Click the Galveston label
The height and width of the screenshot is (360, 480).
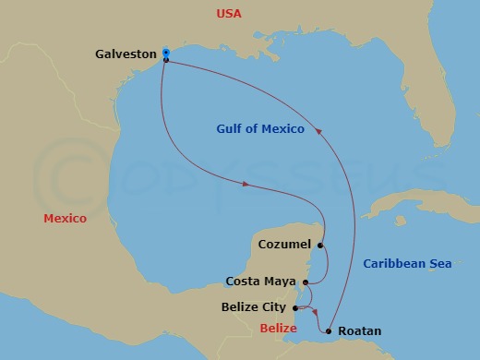tap(126, 54)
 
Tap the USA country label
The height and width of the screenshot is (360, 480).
tap(229, 14)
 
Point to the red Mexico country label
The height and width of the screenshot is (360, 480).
tap(65, 219)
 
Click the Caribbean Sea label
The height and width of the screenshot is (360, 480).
tap(407, 264)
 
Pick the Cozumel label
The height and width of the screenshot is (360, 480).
tap(282, 246)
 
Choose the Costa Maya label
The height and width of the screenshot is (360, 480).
tap(262, 282)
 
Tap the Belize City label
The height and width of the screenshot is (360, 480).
tap(255, 307)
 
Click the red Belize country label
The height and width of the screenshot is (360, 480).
tap(278, 329)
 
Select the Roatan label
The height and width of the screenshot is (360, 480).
tap(360, 330)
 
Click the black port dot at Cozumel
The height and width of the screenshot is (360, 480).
tap(319, 246)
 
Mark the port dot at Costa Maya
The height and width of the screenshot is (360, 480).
tap(305, 282)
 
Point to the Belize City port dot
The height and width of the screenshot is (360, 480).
tap(294, 307)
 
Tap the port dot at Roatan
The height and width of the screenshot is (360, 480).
tap(330, 330)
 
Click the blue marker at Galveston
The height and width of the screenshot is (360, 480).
tap(165, 52)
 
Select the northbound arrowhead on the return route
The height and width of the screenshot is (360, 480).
tap(320, 131)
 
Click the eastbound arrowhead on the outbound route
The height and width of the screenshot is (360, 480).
tap(246, 185)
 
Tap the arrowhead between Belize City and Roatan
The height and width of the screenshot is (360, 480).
tap(314, 312)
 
